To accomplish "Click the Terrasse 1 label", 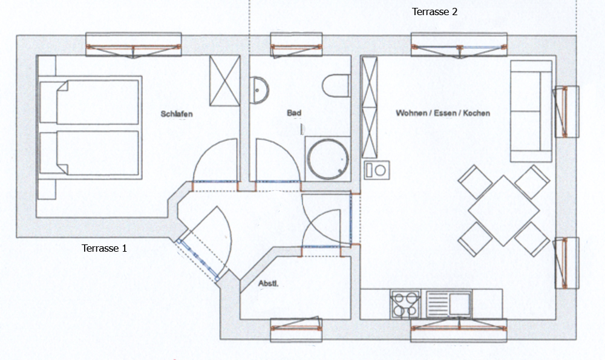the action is pos(104,248).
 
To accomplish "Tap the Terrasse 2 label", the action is pos(434,11).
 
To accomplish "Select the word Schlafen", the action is pos(177,114).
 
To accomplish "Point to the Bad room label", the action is pos(294,113).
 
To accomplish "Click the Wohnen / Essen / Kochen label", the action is pos(443,113).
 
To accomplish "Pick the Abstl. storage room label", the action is pos(268,284).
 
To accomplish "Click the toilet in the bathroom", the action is pos(336,86).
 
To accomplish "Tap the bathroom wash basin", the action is pos(258,90).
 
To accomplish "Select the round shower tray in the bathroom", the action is pos(328,159).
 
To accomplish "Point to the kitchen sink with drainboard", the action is pos(449,304).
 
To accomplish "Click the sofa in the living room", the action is pos(531,111).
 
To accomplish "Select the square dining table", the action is pos(503,211).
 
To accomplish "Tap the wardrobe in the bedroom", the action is pos(224,80).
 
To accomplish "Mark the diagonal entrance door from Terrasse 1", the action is pos(198,260).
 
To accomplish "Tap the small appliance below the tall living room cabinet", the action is pos(376,170).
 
